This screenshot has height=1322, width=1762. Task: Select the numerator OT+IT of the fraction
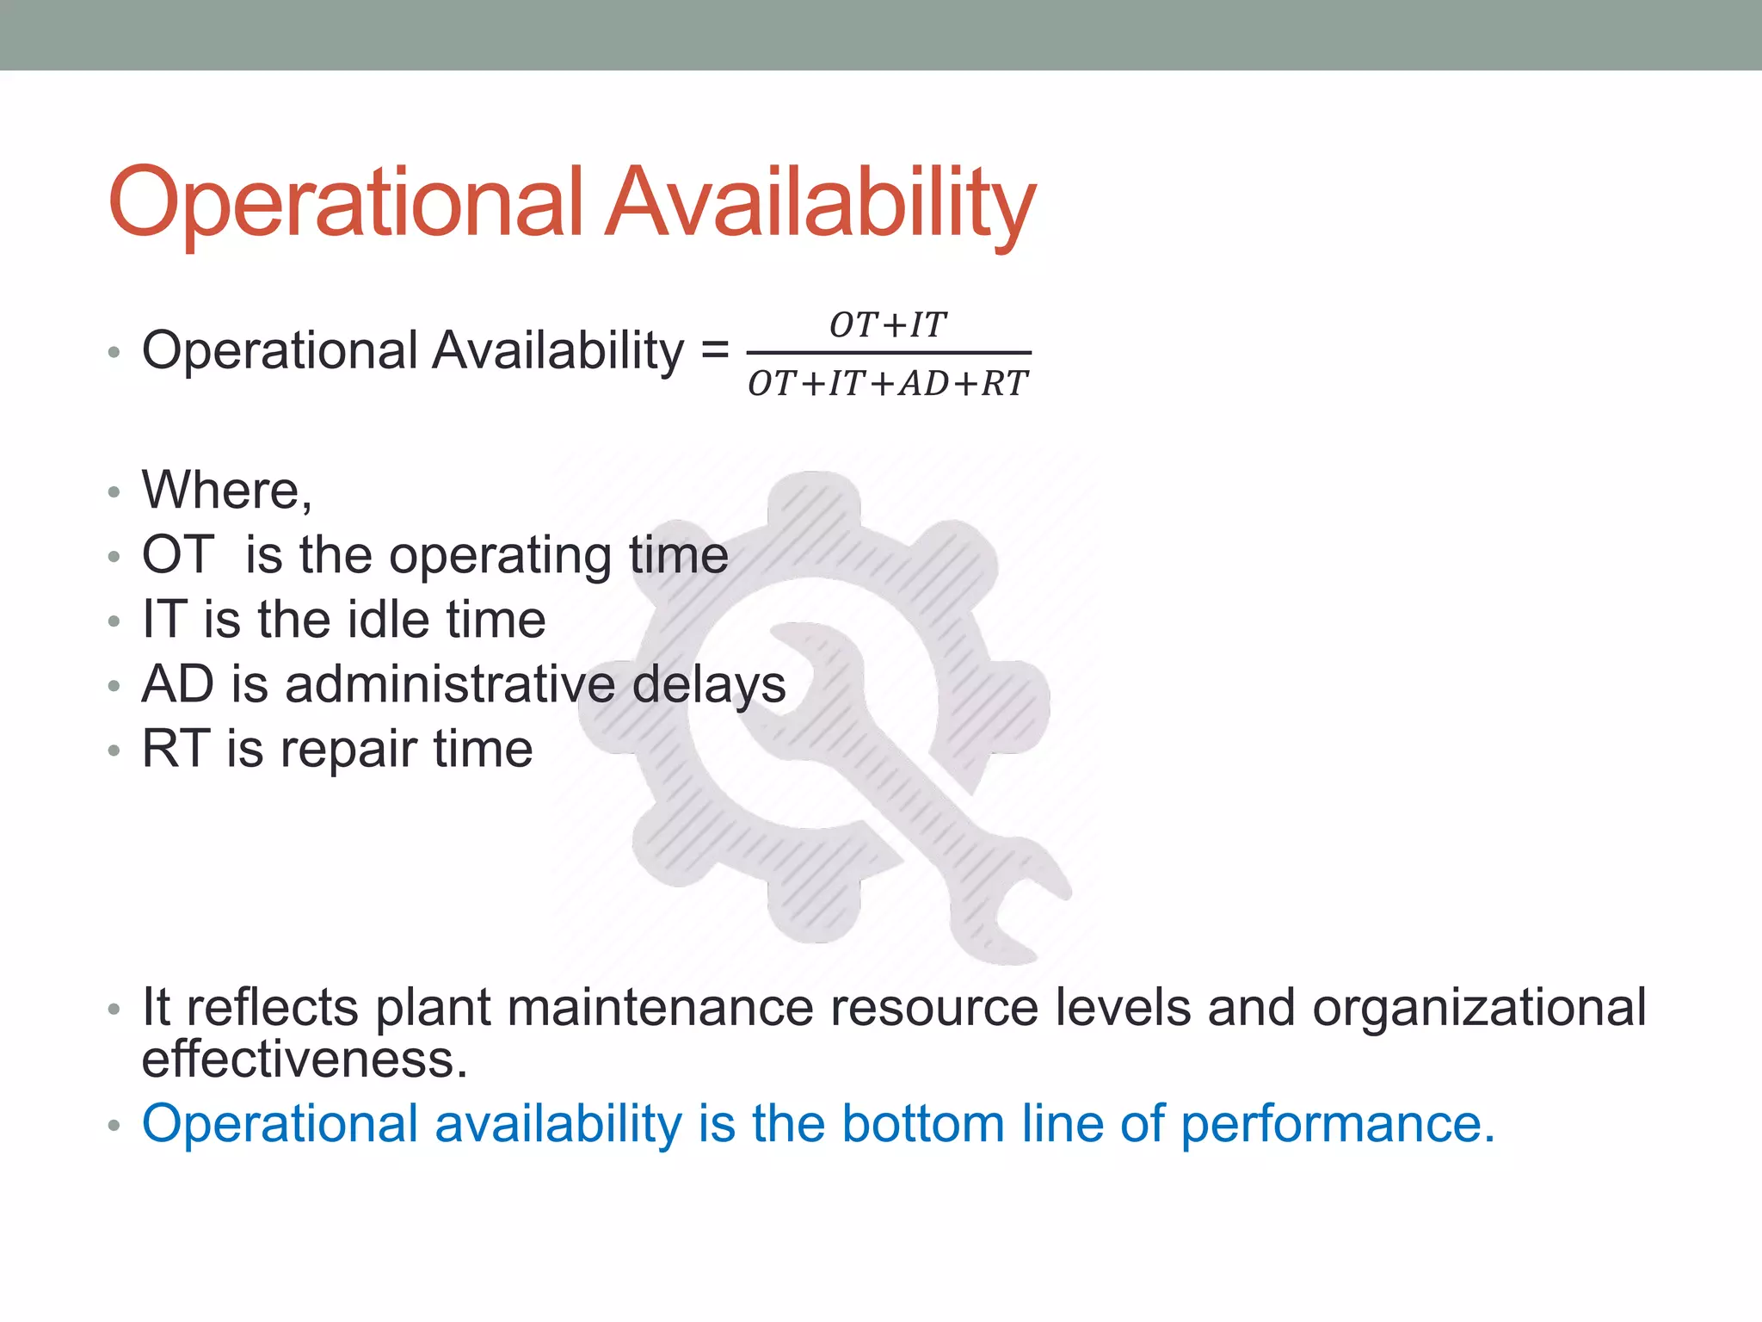tap(888, 325)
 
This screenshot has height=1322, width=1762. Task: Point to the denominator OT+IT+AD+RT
tap(888, 384)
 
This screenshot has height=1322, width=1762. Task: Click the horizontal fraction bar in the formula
tap(888, 353)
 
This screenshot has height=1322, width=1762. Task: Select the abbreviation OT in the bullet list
tap(177, 554)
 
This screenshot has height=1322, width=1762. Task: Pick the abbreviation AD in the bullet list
tap(177, 684)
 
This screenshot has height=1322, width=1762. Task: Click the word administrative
tap(450, 684)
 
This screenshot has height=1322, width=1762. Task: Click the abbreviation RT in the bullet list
tap(176, 749)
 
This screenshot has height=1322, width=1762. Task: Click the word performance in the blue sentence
tap(1337, 1124)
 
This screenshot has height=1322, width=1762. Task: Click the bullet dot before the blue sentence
tap(114, 1126)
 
